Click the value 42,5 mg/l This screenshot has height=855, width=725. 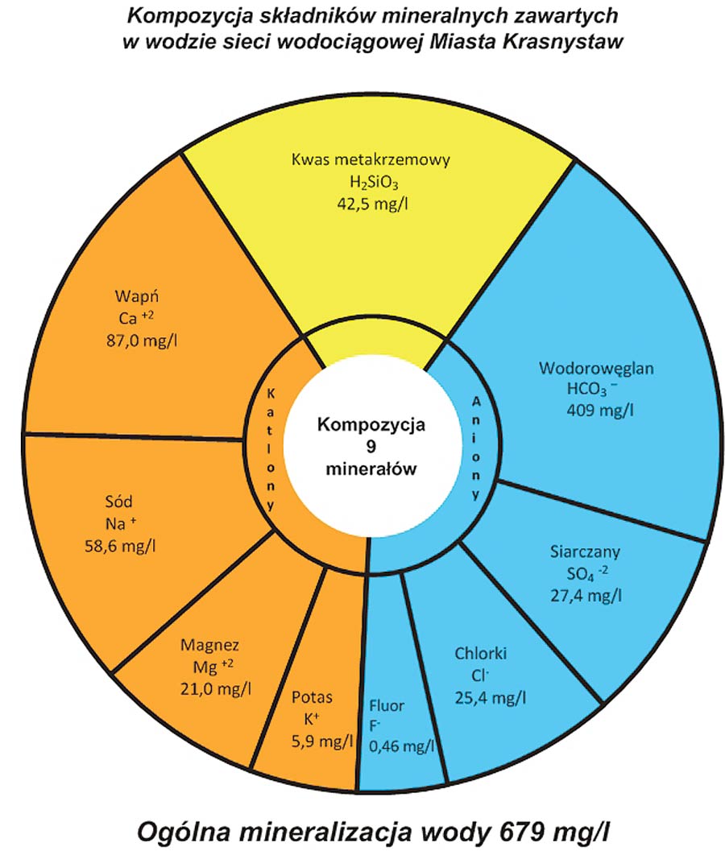pyautogui.click(x=373, y=204)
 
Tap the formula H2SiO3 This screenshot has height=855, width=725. pyautogui.click(x=374, y=183)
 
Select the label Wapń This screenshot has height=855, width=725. pyautogui.click(x=136, y=296)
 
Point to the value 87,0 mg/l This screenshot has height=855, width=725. pyautogui.click(x=142, y=341)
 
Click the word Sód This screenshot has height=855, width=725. pyautogui.click(x=119, y=501)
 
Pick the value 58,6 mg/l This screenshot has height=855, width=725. pyautogui.click(x=120, y=546)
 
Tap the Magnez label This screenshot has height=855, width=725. pyautogui.click(x=209, y=645)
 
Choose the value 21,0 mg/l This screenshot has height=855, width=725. pyautogui.click(x=216, y=689)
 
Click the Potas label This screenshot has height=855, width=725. pyautogui.click(x=312, y=697)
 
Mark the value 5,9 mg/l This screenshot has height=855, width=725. pyautogui.click(x=322, y=741)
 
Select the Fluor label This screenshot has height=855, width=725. pyautogui.click(x=387, y=705)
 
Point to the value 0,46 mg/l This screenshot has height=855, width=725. pyautogui.click(x=402, y=746)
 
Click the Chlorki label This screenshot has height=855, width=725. pyautogui.click(x=481, y=653)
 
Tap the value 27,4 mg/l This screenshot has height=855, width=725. pyautogui.click(x=586, y=596)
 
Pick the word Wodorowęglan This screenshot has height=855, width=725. pyautogui.click(x=596, y=368)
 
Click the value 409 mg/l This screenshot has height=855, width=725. pyautogui.click(x=600, y=410)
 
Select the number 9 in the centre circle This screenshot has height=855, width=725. pyautogui.click(x=371, y=447)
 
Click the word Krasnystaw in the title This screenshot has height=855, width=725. pyautogui.click(x=563, y=42)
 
